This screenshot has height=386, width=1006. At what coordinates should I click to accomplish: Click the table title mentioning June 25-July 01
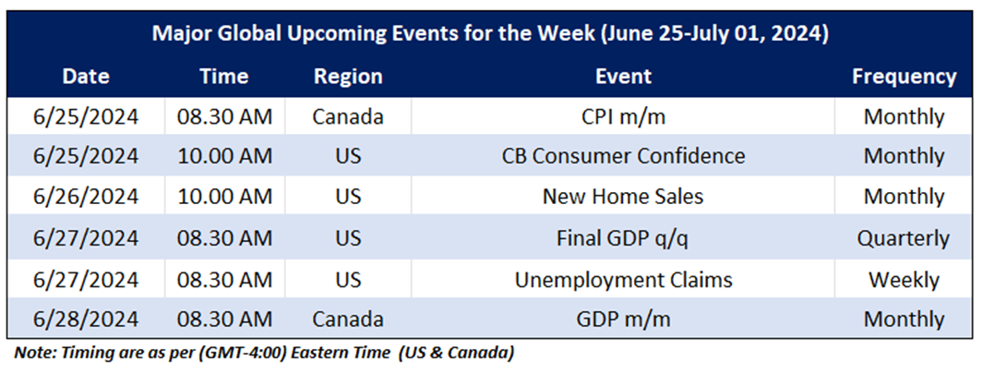point(490,34)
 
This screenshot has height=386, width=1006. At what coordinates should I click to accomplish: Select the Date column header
point(86,77)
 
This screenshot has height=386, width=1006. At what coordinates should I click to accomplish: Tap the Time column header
point(224,77)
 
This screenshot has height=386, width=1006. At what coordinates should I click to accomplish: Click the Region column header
point(348,77)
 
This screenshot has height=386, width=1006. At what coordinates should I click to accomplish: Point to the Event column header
point(623,77)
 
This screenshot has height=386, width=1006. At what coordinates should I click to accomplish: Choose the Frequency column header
point(904,77)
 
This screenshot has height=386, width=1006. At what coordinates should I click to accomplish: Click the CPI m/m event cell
point(623,117)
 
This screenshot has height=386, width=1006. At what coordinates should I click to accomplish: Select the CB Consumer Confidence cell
point(623,156)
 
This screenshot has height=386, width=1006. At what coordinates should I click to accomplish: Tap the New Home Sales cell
point(623,196)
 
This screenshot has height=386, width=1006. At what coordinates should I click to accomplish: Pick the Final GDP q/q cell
point(623,238)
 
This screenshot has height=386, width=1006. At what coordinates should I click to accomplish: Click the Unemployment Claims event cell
point(623,280)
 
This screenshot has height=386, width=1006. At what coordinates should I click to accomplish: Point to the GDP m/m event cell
point(623,320)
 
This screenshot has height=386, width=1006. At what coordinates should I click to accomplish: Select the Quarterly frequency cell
point(904,239)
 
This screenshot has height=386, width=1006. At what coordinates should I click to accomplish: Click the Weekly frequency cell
point(904,280)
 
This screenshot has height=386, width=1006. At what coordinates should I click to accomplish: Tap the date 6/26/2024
point(86,196)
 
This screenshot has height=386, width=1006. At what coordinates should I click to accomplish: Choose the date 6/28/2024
point(86,320)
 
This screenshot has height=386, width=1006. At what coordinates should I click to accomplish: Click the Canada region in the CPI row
point(348,117)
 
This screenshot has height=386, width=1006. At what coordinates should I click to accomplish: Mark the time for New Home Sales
point(224,196)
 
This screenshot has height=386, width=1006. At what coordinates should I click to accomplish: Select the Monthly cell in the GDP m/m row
point(904,320)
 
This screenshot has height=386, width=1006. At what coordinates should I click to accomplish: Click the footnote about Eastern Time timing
point(264,353)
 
